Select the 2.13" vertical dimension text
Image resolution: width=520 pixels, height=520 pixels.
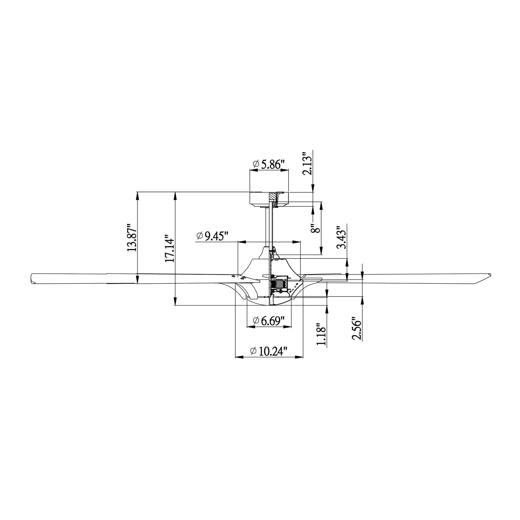[x=307, y=164]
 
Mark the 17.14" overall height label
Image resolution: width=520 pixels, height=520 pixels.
[x=170, y=250]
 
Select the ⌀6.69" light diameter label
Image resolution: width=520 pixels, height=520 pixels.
[x=269, y=321]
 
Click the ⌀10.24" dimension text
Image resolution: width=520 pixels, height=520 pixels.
[x=269, y=351]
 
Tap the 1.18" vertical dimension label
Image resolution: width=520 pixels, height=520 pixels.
[x=321, y=334]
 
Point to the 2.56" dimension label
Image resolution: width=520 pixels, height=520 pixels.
[x=357, y=330]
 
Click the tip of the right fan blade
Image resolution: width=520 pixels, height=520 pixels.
[x=489, y=275]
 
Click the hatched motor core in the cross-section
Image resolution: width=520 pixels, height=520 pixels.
[x=281, y=283]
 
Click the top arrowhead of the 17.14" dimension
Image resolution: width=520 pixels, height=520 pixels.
[x=175, y=194]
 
